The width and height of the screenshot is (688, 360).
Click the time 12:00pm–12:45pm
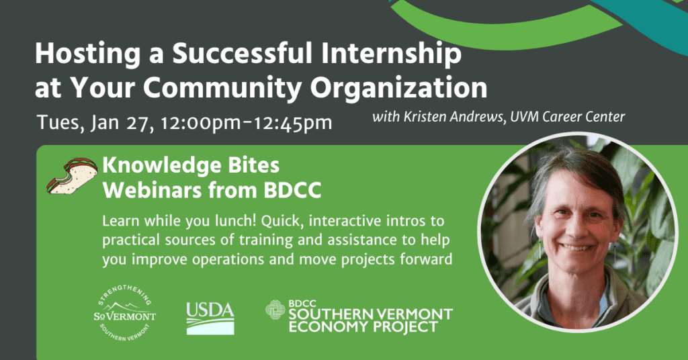point(246,123)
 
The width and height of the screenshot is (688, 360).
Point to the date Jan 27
point(122,123)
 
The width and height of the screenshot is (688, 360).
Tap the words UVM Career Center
point(567,117)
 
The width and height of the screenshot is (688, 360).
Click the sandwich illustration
point(72,176)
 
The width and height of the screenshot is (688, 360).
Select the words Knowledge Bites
point(191,166)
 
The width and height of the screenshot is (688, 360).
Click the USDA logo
point(210,318)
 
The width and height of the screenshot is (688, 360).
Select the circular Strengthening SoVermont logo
point(124,312)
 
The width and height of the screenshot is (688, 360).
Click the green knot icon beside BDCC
point(275,310)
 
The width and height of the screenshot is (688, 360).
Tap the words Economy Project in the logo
point(363,326)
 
